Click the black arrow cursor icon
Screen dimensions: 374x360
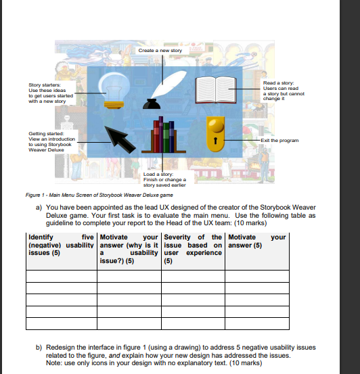[x=118, y=139]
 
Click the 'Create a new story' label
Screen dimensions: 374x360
[x=160, y=51]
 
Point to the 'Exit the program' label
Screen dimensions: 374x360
[x=280, y=140]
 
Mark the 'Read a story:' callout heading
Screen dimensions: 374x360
[x=279, y=83]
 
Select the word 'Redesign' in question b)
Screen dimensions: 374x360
[x=62, y=348]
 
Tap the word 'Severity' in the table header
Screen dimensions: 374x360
[x=180, y=237]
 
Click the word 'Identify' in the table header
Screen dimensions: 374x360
[x=41, y=237]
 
